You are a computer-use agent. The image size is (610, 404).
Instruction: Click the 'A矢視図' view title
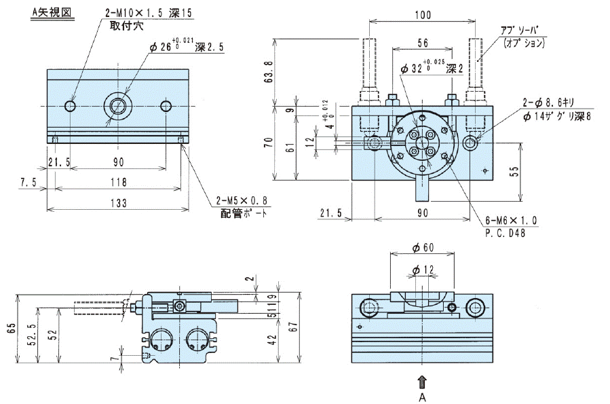click(52, 12)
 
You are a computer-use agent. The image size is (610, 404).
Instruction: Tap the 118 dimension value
click(117, 182)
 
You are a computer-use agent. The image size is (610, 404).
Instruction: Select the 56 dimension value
click(422, 42)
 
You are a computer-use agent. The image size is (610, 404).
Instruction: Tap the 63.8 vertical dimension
click(268, 71)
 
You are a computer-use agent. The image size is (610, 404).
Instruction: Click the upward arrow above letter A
click(423, 382)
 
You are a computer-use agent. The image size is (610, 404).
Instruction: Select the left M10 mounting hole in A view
click(71, 106)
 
